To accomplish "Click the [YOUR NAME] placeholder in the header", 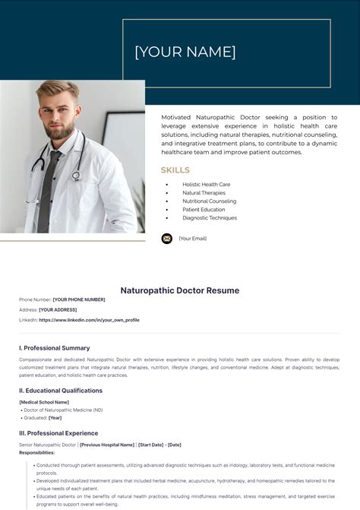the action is [x=185, y=52].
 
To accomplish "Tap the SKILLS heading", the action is [x=175, y=170].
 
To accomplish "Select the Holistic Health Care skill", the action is [x=206, y=185].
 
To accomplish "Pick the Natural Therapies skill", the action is [x=204, y=193].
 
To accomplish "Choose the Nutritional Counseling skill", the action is [x=209, y=201].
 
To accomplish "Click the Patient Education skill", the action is [x=204, y=210].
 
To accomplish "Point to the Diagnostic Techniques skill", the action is [x=210, y=218].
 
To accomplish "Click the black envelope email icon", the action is [x=167, y=239].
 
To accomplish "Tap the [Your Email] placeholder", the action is [x=192, y=239].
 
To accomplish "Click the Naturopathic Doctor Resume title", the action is [x=180, y=290].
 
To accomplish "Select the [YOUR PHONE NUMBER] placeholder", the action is [x=79, y=299].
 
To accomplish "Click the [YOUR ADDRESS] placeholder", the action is [x=58, y=310].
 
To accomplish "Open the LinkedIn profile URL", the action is [x=89, y=320].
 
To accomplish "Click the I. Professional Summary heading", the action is [x=54, y=347].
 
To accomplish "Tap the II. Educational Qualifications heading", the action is [x=61, y=391].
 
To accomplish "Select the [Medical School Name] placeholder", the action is [x=44, y=402].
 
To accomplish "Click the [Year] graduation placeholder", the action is [x=55, y=417].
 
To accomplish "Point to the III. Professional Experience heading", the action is [x=58, y=433].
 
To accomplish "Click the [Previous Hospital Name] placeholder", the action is [x=107, y=445].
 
